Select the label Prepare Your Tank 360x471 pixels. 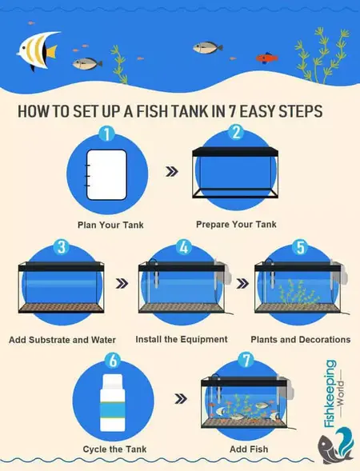[x=236, y=225]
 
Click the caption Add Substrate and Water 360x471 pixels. [x=61, y=340]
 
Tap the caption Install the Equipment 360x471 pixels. [x=182, y=339]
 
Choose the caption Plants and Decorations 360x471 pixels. [x=300, y=339]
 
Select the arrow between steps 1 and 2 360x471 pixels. [x=170, y=171]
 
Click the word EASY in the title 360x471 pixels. [x=246, y=110]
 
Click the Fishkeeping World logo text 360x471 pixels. [x=329, y=393]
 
